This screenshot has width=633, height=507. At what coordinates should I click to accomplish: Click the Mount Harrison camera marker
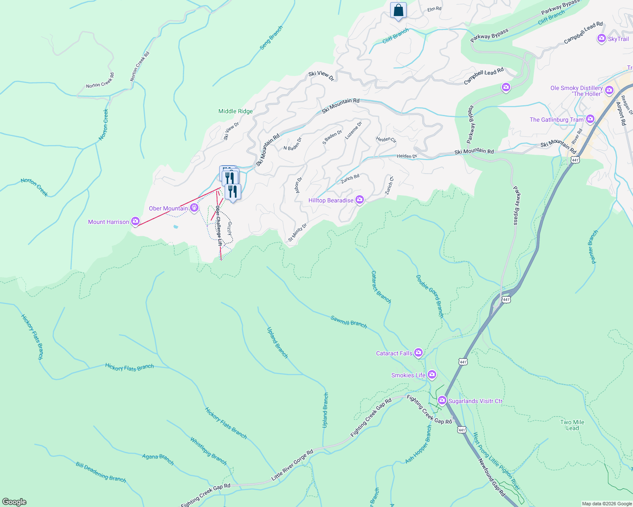pyautogui.click(x=135, y=221)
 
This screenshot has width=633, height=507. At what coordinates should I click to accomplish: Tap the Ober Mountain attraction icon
pyautogui.click(x=194, y=207)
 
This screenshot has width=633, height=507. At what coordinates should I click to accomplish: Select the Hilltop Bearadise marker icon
pyautogui.click(x=360, y=199)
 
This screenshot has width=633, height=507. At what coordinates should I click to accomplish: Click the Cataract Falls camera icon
pyautogui.click(x=418, y=352)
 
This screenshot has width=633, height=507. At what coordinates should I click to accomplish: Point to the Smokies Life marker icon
pyautogui.click(x=432, y=374)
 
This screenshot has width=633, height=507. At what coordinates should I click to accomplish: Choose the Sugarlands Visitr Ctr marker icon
pyautogui.click(x=442, y=400)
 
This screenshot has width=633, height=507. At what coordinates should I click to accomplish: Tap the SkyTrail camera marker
pyautogui.click(x=601, y=39)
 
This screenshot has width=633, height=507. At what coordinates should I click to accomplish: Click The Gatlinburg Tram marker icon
pyautogui.click(x=590, y=120)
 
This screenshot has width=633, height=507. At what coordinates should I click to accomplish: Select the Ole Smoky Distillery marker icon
pyautogui.click(x=609, y=90)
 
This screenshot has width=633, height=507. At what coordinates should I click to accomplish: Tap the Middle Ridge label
pyautogui.click(x=235, y=111)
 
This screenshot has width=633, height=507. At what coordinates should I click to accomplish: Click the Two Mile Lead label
pyautogui.click(x=572, y=425)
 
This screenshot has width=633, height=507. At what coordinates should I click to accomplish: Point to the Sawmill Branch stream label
pyautogui.click(x=349, y=321)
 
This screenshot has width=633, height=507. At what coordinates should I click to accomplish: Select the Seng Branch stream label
pyautogui.click(x=271, y=38)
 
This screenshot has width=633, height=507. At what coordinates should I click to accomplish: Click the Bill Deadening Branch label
pyautogui.click(x=101, y=472)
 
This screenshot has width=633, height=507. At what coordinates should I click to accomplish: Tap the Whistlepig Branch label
pyautogui.click(x=208, y=451)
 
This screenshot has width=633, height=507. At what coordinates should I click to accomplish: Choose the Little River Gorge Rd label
pyautogui.click(x=292, y=465)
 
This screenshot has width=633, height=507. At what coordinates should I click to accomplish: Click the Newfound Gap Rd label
pyautogui.click(x=492, y=477)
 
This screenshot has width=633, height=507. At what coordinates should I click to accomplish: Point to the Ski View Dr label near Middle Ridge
pyautogui.click(x=231, y=131)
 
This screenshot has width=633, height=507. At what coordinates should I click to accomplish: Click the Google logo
pyautogui.click(x=14, y=502)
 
